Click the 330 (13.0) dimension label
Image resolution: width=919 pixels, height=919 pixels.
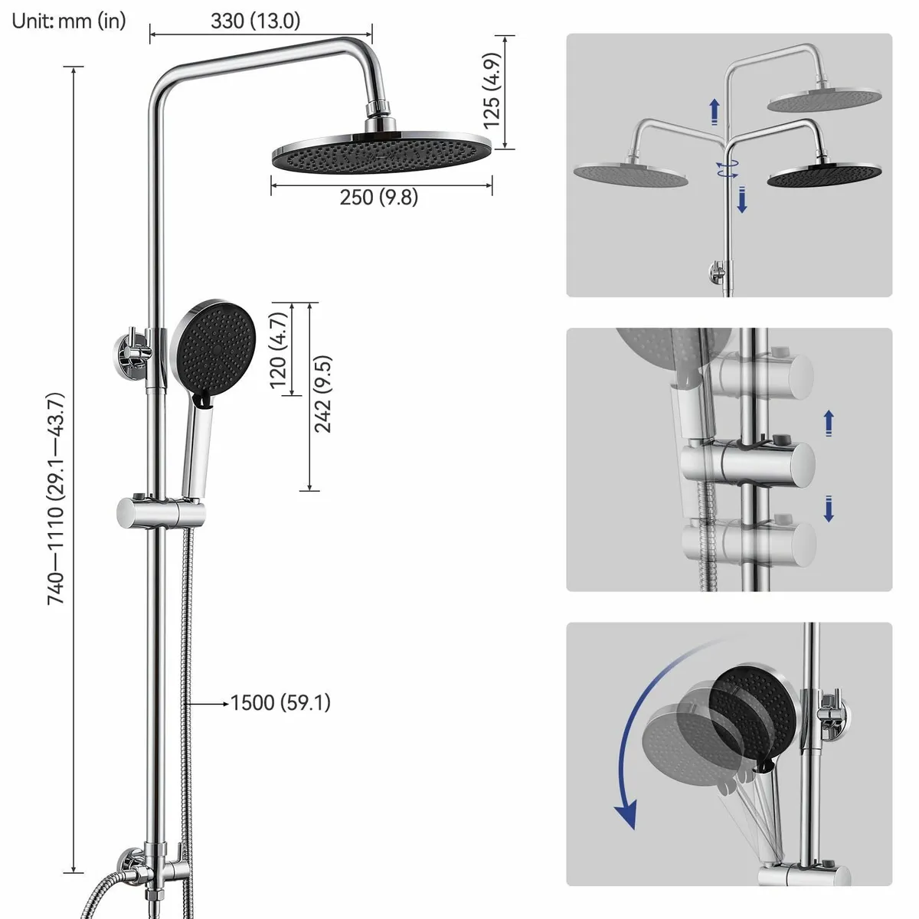[x=255, y=21]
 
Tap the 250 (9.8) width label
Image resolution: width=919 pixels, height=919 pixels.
[x=378, y=197]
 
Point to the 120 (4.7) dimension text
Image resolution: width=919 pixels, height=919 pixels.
[x=279, y=350]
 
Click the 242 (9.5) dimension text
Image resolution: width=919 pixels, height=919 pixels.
[x=322, y=394]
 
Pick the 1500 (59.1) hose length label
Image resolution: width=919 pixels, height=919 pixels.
[x=280, y=703]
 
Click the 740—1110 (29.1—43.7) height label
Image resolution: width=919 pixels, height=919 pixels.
[x=55, y=499]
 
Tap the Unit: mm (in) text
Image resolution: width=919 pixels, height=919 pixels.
[x=69, y=21]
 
